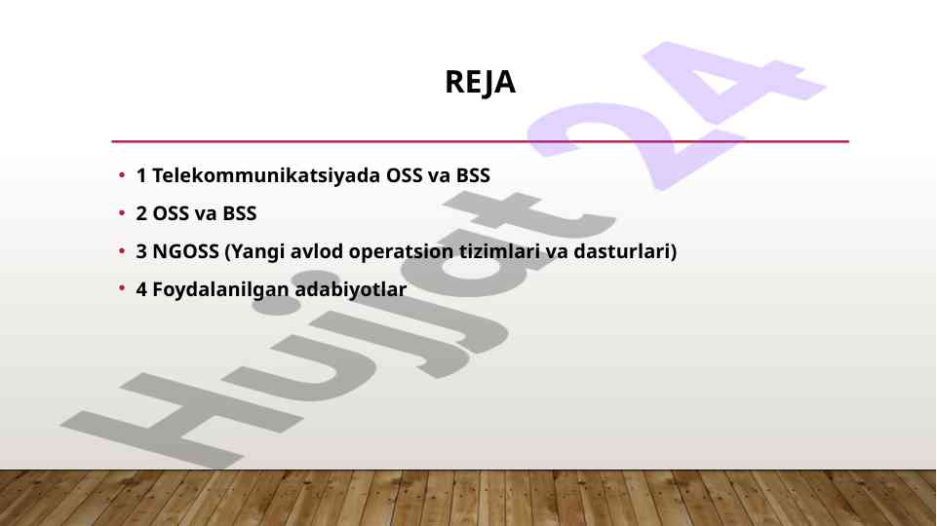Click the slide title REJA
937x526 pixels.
point(480,83)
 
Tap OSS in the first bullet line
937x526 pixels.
point(404,175)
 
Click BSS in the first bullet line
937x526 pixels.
point(473,175)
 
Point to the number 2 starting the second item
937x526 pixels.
point(141,213)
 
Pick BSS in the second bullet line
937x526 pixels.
point(240,213)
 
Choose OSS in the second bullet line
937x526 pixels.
point(171,213)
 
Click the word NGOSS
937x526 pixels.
point(186,251)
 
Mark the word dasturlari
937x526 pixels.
point(621,251)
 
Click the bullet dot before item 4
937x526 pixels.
point(122,288)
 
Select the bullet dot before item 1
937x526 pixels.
point(122,175)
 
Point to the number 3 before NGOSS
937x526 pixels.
point(141,251)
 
